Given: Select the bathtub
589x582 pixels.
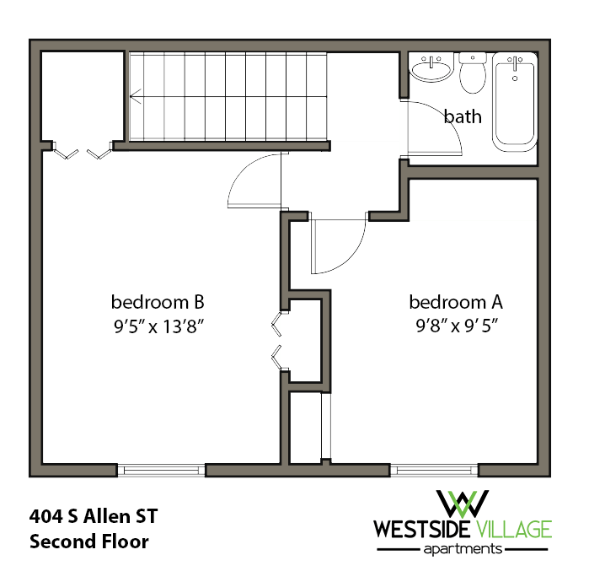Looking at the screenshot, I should [514, 100].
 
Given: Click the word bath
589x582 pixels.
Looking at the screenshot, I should [463, 116].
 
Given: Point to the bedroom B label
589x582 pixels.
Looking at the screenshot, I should [158, 302].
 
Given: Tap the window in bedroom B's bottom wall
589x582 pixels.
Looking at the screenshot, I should [161, 470].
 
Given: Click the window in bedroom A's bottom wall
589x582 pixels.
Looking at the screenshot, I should [434, 470].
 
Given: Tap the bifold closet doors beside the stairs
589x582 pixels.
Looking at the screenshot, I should [80, 154].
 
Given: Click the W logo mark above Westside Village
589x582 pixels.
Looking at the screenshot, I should [463, 504].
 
